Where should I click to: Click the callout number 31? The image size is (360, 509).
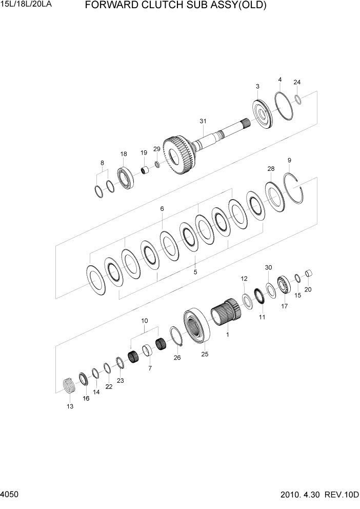point(203,121)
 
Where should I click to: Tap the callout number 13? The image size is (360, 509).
point(70,406)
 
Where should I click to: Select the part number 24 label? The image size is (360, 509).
point(297,82)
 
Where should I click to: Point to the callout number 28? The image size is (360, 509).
point(271,169)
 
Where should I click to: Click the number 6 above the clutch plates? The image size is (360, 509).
point(162,209)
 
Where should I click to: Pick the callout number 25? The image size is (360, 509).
point(205,354)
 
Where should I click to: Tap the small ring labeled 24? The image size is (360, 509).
point(298,98)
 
